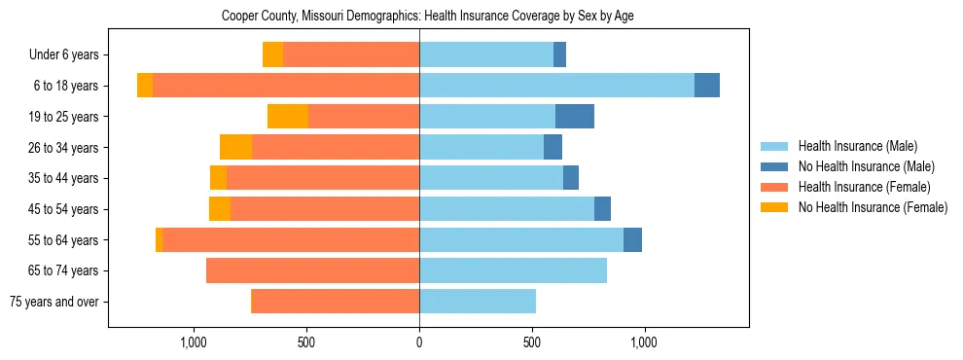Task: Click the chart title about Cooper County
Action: point(428,17)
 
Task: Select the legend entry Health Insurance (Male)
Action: point(857,146)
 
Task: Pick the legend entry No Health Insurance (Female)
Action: point(873,207)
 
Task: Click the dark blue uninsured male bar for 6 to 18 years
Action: point(707,86)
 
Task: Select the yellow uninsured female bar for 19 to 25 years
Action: point(288,117)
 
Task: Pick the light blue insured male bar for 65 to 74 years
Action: point(513,270)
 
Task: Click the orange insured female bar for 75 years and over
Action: point(336,302)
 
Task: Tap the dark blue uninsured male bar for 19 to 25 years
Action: point(575,117)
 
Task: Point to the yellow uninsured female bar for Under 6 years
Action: point(272,55)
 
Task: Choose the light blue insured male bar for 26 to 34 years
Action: point(481,147)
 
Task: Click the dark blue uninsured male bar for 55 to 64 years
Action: point(632,239)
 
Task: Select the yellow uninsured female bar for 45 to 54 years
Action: point(220,209)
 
